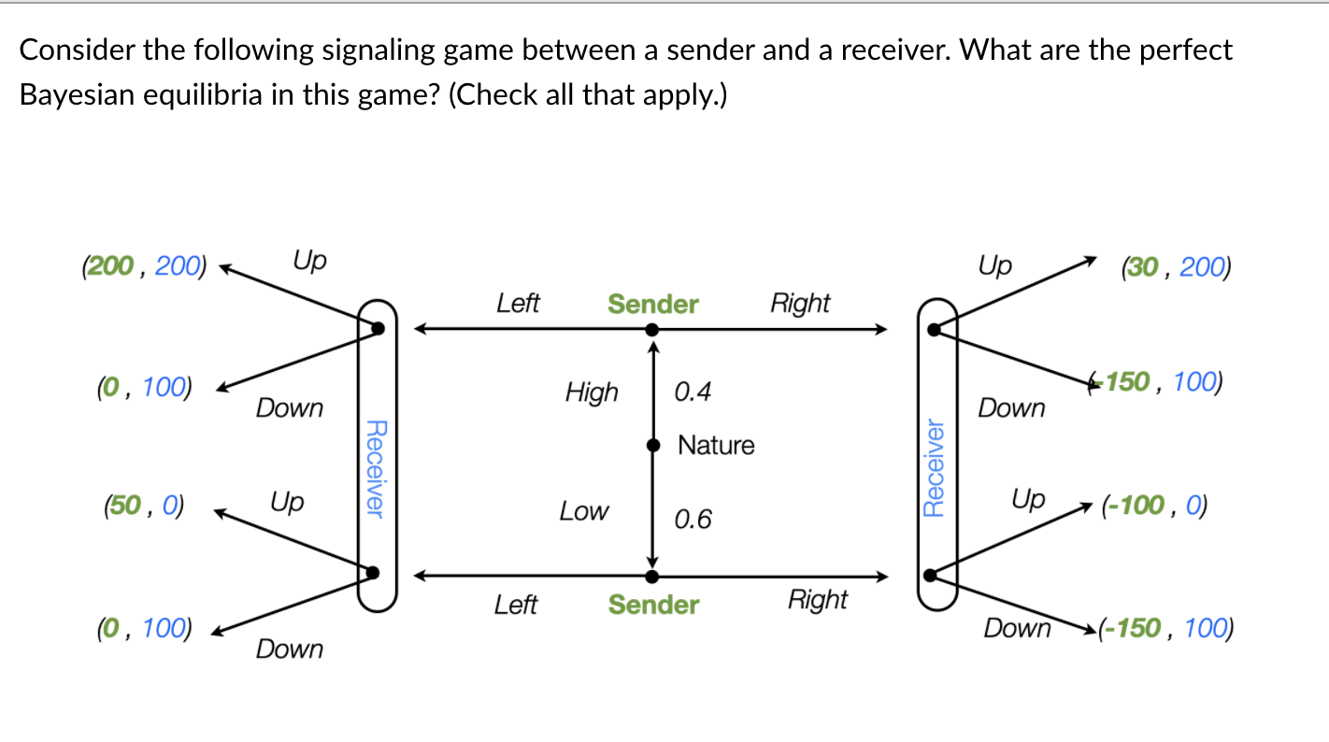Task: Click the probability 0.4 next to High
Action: tap(693, 392)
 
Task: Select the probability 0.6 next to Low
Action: tap(693, 519)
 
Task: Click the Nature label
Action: tap(716, 445)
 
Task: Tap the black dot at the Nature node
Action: tap(653, 447)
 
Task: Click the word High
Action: tap(592, 392)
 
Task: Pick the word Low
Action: tap(583, 511)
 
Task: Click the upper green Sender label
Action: tap(652, 304)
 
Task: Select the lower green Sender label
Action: tap(653, 605)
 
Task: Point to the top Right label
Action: tap(800, 303)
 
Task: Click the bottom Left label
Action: tap(516, 605)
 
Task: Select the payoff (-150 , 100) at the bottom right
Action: tap(1165, 628)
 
